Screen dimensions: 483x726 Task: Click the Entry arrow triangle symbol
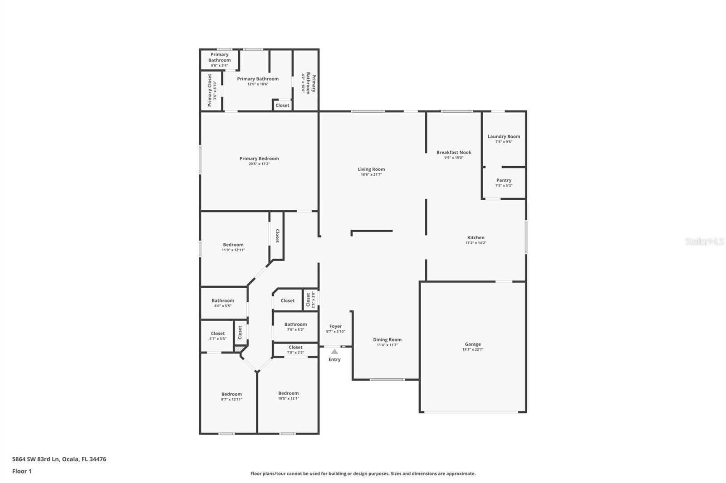[334, 352]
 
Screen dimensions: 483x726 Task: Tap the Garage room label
[472, 344]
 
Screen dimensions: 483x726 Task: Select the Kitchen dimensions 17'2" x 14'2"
[476, 243]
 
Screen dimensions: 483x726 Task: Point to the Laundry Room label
[504, 136]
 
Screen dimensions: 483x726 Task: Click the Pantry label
[504, 180]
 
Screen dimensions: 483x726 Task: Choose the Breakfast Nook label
[454, 153]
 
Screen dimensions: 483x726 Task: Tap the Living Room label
[371, 169]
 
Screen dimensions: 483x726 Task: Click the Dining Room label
[387, 340]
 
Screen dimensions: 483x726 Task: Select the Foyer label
[335, 326]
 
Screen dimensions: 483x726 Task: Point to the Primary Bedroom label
[259, 159]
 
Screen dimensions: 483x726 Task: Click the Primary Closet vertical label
[210, 90]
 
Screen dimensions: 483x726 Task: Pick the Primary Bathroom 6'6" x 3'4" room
[220, 59]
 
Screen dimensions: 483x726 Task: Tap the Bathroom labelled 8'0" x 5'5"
[223, 303]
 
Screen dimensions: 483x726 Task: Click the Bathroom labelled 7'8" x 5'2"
[295, 326]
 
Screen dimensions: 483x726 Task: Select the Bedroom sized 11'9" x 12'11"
[233, 247]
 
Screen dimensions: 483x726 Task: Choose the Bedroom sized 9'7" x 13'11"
[231, 396]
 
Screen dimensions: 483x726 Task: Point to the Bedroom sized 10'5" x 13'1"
[289, 396]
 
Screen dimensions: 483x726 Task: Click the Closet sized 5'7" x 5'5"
[217, 336]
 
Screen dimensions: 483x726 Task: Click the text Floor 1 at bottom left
[22, 471]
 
